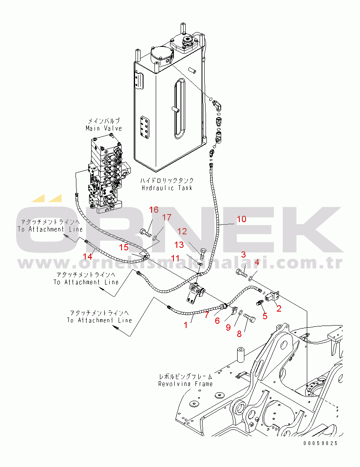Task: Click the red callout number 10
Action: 241,219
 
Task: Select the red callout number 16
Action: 154,210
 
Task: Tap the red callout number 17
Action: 167,217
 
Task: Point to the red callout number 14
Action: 87,256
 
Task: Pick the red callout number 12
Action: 181,231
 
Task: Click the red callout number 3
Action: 244,254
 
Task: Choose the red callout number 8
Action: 239,334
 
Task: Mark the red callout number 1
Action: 185,326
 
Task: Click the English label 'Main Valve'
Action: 104,128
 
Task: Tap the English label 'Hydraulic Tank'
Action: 167,188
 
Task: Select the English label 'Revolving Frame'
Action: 185,384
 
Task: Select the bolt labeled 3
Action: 241,272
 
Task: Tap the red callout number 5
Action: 265,316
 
